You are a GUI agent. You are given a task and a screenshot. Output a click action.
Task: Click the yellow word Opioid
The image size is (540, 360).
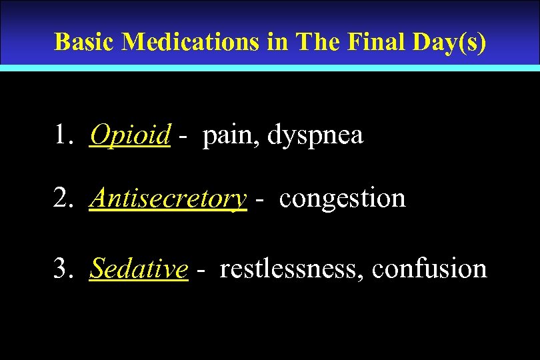point(130,135)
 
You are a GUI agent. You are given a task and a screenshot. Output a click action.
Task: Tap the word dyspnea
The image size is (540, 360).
point(315,137)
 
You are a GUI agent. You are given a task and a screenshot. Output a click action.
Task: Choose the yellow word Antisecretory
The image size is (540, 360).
point(168,198)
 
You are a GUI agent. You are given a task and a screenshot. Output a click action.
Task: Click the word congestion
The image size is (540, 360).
point(342,199)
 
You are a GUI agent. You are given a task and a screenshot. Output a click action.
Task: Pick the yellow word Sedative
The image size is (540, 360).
point(139,269)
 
